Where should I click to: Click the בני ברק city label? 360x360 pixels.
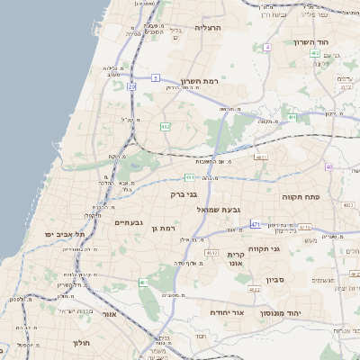coord(183,193)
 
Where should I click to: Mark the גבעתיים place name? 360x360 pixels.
coord(128,221)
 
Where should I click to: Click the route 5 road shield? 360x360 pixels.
coord(155,78)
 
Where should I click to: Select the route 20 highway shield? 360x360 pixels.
coord(131,86)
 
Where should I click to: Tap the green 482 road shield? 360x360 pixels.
coord(166,127)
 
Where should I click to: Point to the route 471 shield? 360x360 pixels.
coord(256,224)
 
